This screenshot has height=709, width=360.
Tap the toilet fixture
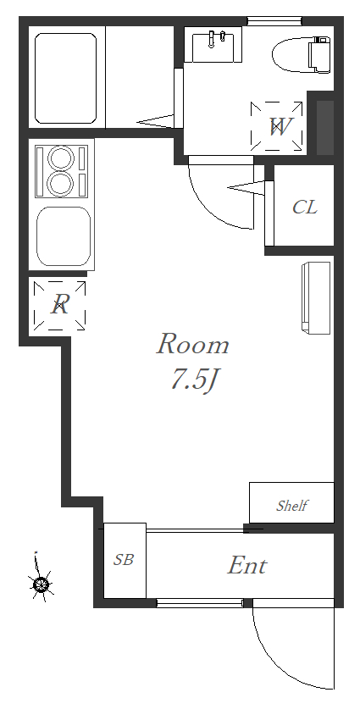(x=302, y=54)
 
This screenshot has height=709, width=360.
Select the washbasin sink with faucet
(x=217, y=44)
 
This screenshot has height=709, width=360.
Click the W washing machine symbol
(x=277, y=126)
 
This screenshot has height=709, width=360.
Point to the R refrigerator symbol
(x=59, y=305)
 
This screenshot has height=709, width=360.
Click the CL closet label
(x=305, y=207)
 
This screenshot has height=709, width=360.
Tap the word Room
(x=193, y=345)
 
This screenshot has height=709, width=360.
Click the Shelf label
(x=292, y=505)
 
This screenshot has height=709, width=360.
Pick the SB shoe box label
(x=124, y=560)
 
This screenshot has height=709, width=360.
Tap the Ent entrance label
(x=247, y=565)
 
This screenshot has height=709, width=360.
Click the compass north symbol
(x=41, y=584)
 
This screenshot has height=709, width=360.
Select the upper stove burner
(x=61, y=158)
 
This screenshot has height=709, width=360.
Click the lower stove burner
(x=61, y=184)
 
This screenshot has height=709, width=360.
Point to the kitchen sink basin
(x=64, y=236)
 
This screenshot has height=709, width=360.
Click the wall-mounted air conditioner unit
(x=316, y=298)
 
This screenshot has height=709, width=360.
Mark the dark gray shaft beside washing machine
(x=324, y=128)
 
